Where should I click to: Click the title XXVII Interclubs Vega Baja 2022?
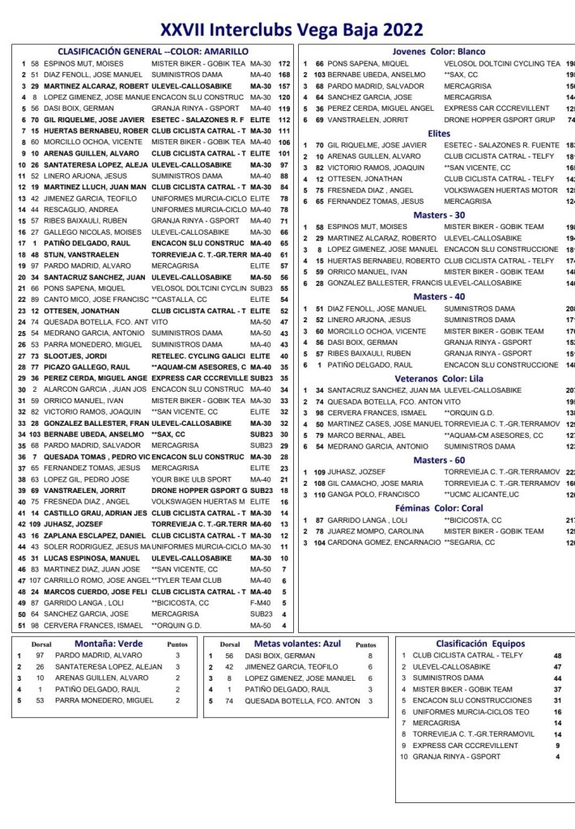[292, 30]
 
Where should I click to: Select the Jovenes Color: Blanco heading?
[438, 52]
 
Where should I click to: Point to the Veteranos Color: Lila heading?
[438, 378]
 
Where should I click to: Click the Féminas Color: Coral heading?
[438, 508]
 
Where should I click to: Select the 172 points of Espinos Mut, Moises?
[283, 63]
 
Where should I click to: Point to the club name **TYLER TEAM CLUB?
[188, 580]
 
